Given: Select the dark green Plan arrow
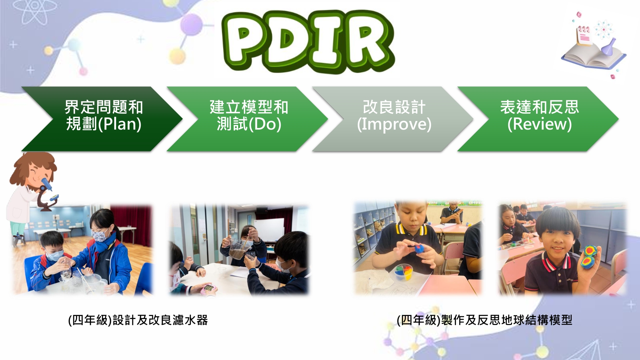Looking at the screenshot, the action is (x=102, y=119).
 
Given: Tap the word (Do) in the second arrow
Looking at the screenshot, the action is (x=265, y=124).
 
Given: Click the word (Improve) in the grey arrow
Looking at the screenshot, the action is (x=394, y=124).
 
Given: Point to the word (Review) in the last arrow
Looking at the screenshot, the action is (x=539, y=124).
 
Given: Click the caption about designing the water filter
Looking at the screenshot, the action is (x=138, y=320).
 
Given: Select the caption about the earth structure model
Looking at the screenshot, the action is (x=484, y=320).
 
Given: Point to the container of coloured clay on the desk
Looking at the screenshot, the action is (x=403, y=272).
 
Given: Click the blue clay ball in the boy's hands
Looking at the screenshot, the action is (x=419, y=249).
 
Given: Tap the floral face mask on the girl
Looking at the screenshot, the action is (x=101, y=236).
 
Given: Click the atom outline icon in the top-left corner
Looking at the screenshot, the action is (x=35, y=12).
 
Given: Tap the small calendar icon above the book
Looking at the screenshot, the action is (x=585, y=35).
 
